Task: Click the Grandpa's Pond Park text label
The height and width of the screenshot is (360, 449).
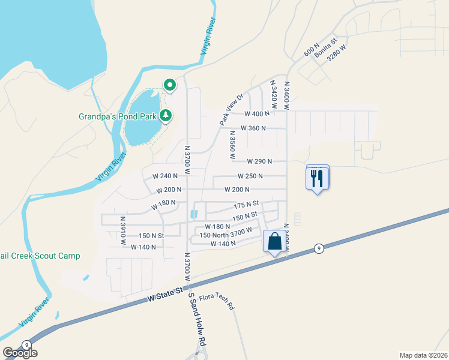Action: [x=119, y=116]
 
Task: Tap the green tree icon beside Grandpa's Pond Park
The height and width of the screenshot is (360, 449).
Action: [x=169, y=115]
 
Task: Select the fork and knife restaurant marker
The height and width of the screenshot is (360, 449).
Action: [x=318, y=178]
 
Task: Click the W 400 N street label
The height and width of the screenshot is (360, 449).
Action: [x=257, y=113]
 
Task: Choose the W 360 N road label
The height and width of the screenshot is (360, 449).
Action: [x=253, y=128]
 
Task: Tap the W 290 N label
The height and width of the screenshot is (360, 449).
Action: [x=259, y=161]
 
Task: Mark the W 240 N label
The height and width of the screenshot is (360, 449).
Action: [x=165, y=176]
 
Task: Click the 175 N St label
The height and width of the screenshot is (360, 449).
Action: [x=246, y=205]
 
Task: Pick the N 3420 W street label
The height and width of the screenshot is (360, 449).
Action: [x=273, y=95]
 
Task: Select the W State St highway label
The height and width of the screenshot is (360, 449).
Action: [x=164, y=294]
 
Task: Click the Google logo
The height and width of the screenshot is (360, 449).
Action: [x=20, y=353]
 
